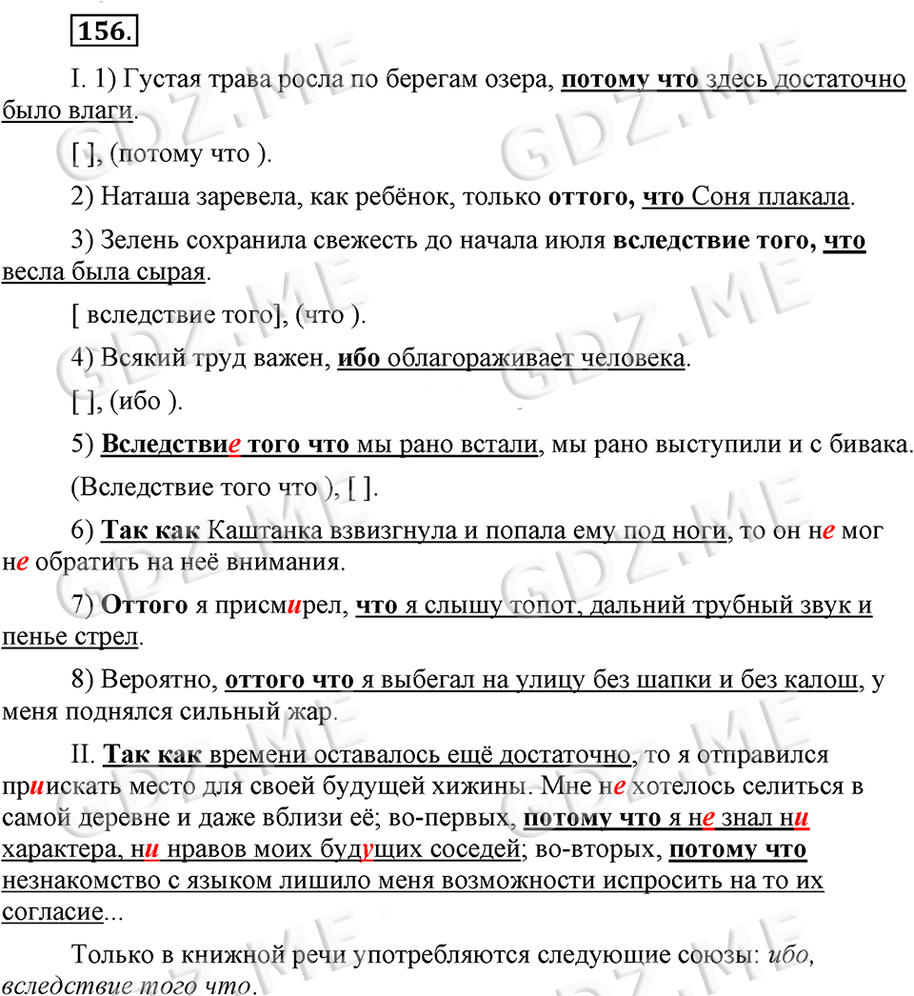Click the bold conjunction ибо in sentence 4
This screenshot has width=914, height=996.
click(360, 360)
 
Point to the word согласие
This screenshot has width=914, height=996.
click(51, 912)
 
